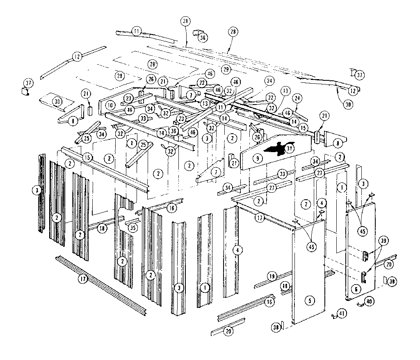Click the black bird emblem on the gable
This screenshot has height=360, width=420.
274,150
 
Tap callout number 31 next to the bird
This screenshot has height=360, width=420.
290,148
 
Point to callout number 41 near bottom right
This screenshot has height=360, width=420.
341,314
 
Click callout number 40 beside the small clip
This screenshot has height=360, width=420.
369,301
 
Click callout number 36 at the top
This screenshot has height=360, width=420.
203,37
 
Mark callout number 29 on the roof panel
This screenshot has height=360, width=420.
226,70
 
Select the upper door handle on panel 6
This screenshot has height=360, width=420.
365,255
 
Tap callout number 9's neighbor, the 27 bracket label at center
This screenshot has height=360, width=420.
234,163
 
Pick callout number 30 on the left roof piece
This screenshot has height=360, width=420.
57,102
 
